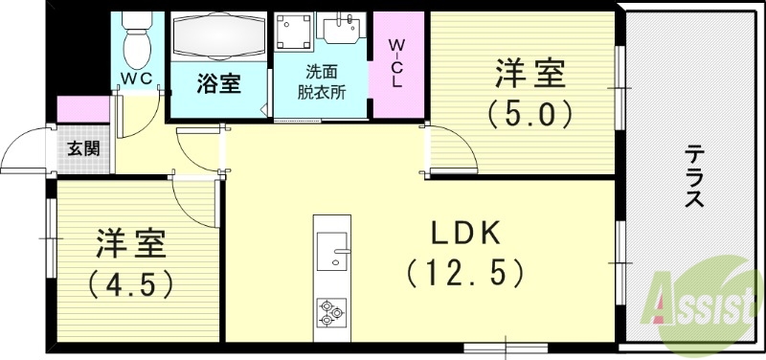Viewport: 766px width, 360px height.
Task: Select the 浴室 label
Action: coord(218,84)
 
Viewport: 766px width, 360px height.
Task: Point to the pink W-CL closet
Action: coord(398,63)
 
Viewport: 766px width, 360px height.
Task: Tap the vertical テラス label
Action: coord(694,177)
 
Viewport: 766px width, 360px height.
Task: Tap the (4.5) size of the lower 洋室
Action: coord(131,284)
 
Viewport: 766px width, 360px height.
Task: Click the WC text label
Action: coord(137,79)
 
